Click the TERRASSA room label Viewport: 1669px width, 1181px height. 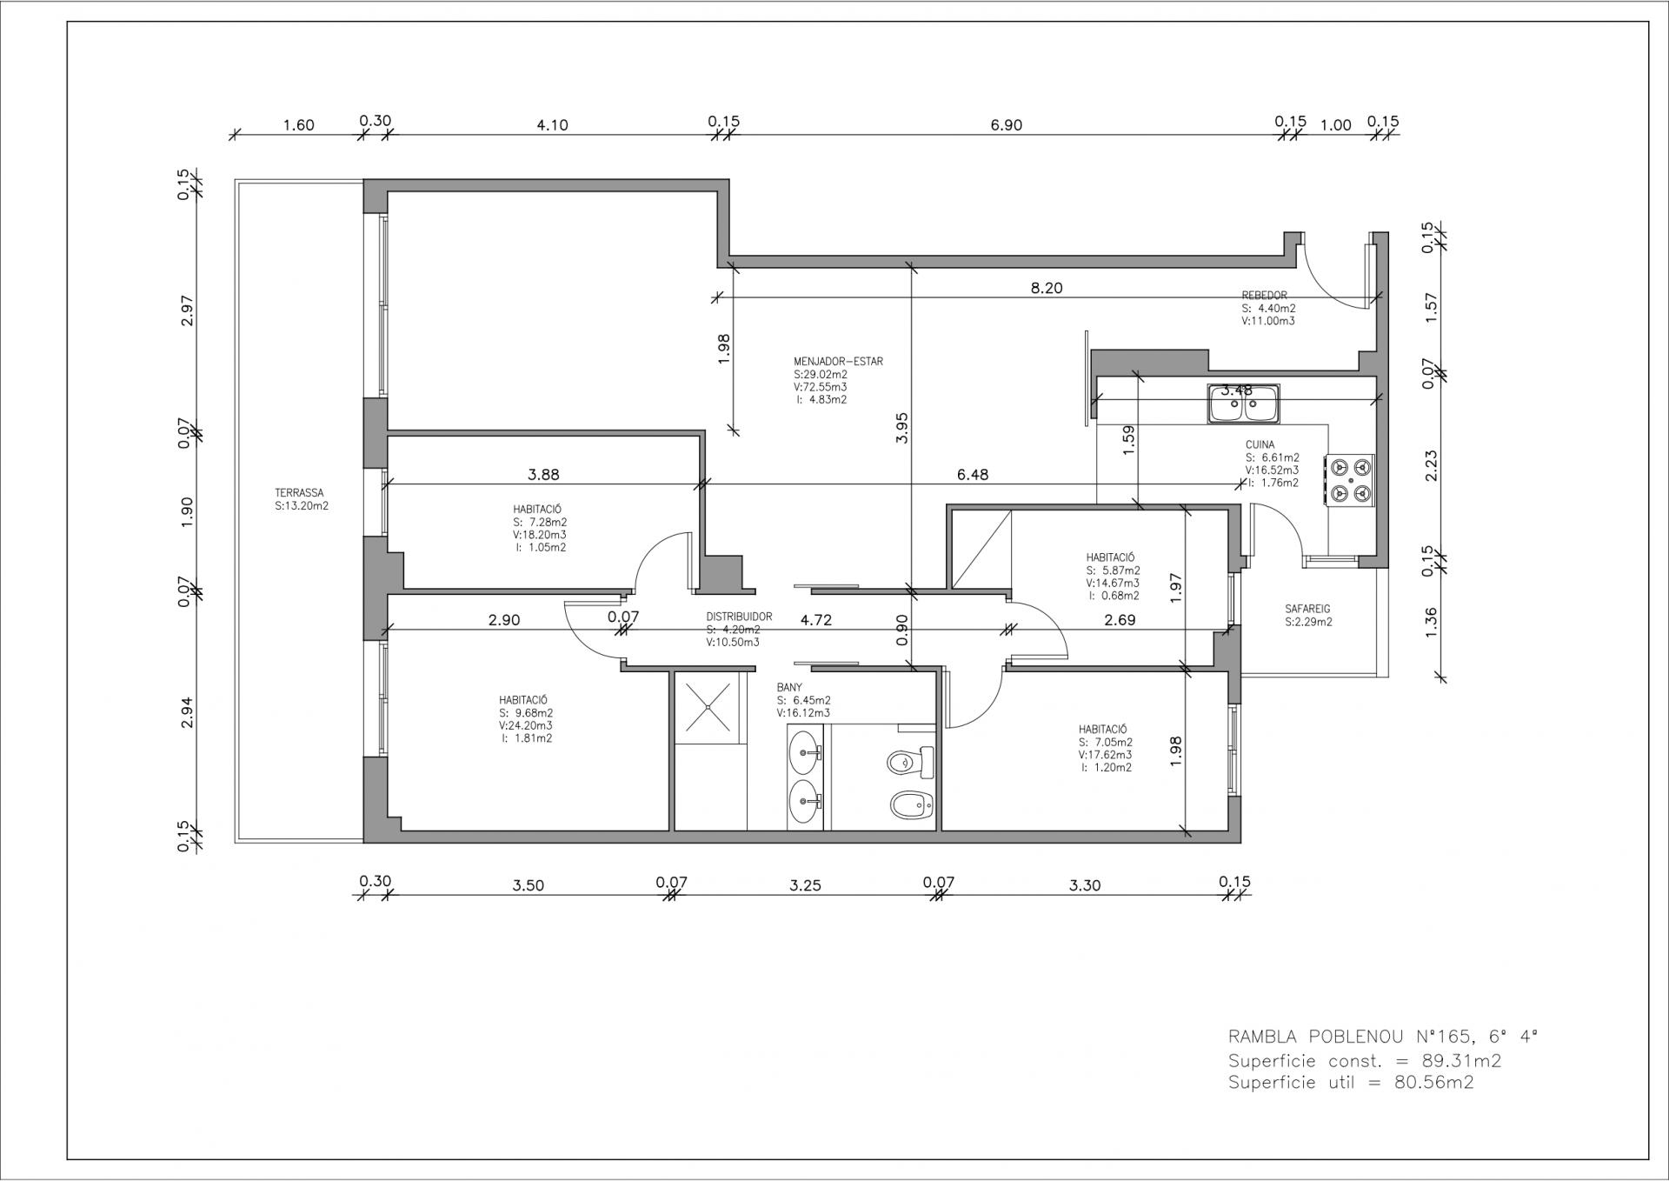(x=299, y=492)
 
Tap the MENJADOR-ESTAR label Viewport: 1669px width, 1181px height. (x=838, y=361)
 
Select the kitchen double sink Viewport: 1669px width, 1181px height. (x=1243, y=404)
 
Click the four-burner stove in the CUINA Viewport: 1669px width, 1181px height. (x=1350, y=480)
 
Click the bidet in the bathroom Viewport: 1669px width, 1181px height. (x=912, y=806)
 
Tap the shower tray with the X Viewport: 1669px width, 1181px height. (x=709, y=708)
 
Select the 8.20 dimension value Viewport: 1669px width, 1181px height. (x=1047, y=288)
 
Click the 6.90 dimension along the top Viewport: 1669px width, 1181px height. (x=1007, y=125)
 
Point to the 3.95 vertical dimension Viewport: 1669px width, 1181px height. (x=901, y=428)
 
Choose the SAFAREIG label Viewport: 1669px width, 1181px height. (x=1308, y=609)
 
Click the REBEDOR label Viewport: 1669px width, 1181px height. (x=1265, y=296)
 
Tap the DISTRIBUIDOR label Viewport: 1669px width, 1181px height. (x=739, y=617)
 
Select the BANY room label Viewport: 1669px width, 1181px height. (x=789, y=687)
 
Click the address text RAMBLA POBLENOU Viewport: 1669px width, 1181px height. (x=1348, y=1037)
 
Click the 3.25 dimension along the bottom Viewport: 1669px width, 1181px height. (x=805, y=886)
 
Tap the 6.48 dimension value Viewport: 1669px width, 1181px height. (x=973, y=475)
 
